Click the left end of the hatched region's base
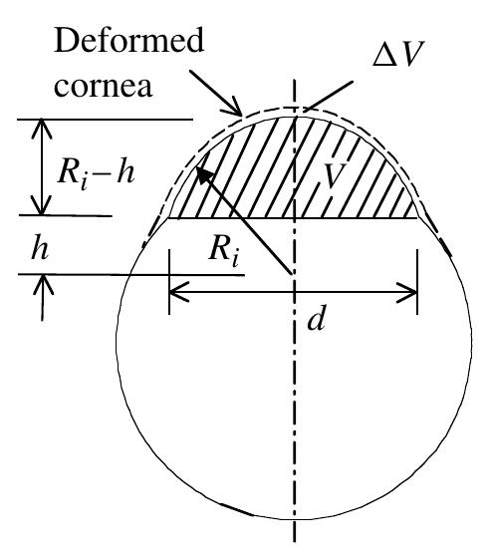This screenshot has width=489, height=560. tap(169, 216)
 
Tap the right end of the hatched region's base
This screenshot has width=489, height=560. tap(417, 216)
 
